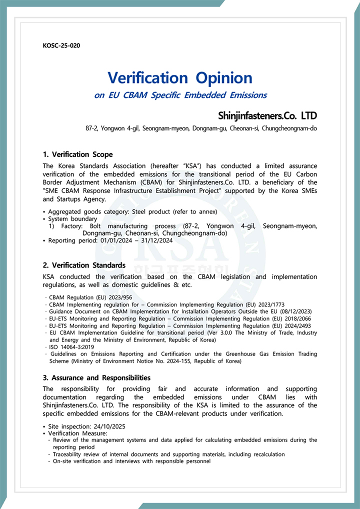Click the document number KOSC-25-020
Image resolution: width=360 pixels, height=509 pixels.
click(61, 46)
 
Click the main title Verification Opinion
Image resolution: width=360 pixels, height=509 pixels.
click(180, 77)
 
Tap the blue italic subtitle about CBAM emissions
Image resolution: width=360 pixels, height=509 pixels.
click(180, 95)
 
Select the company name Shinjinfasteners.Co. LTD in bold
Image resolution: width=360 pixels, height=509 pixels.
click(267, 116)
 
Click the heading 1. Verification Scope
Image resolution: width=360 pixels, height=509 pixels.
click(78, 154)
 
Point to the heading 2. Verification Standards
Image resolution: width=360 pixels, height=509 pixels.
click(84, 265)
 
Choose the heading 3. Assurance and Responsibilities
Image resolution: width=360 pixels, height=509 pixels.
click(96, 378)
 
